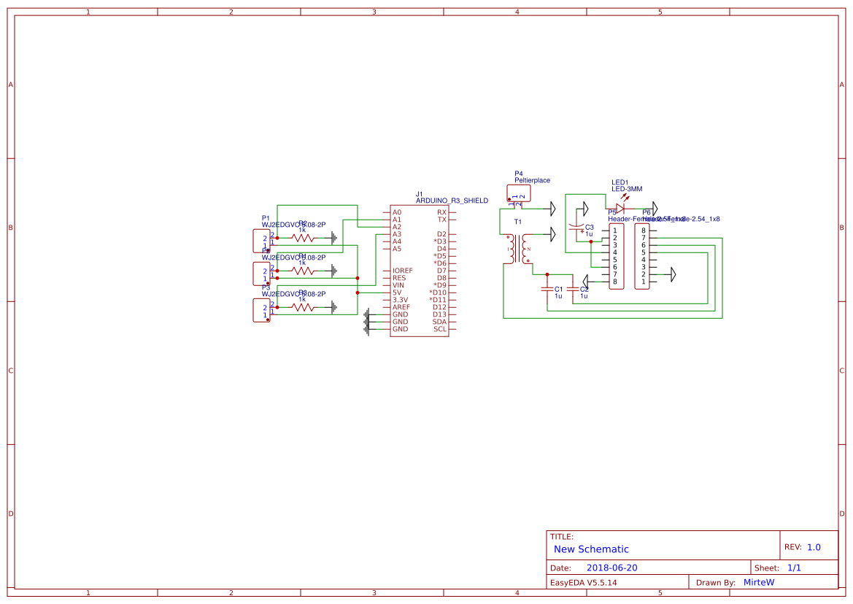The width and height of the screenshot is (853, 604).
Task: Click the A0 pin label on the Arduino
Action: click(x=397, y=212)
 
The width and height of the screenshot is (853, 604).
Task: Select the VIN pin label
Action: click(x=398, y=285)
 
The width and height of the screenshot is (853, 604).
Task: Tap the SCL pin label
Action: click(x=440, y=329)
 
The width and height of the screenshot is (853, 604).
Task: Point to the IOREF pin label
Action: click(x=402, y=271)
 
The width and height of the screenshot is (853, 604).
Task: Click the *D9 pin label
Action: click(x=439, y=285)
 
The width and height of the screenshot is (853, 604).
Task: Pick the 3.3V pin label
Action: click(x=401, y=300)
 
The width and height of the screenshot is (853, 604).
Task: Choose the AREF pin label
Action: click(x=401, y=307)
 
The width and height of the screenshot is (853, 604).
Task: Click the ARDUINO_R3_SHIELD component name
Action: click(x=452, y=201)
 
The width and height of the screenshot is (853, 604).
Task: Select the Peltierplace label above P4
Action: click(x=532, y=180)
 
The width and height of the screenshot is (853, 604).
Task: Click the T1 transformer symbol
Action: click(x=518, y=249)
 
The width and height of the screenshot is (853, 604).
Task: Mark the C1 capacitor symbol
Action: click(x=547, y=289)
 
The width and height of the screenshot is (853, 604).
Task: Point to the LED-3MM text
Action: click(x=626, y=189)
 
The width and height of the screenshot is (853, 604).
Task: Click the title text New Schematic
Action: click(x=591, y=549)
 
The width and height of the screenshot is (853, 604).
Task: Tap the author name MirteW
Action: click(x=758, y=582)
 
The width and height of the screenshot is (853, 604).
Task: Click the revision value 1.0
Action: click(x=814, y=547)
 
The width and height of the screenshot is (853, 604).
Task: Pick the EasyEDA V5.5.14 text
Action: click(x=583, y=582)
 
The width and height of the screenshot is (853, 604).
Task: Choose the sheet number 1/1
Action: click(x=794, y=568)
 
